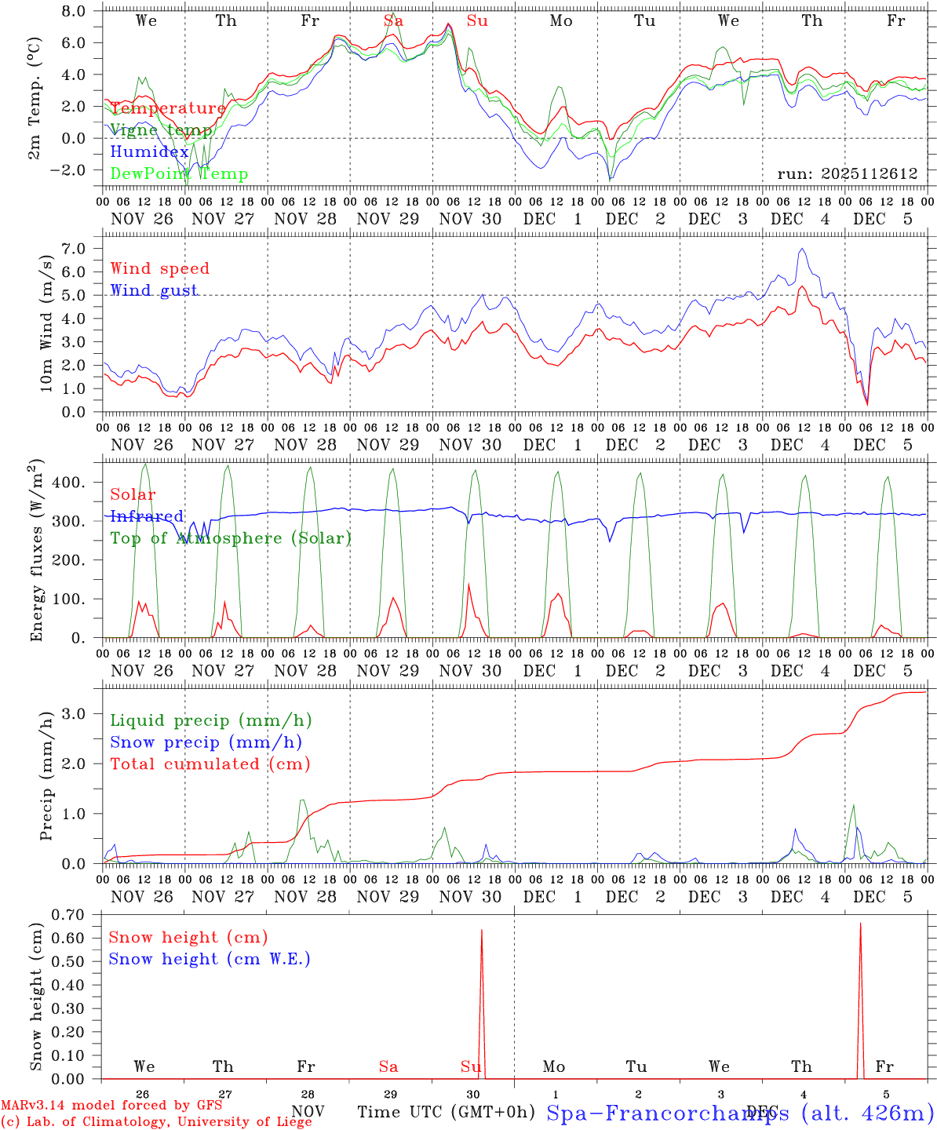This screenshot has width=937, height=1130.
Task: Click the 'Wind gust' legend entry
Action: [x=154, y=290]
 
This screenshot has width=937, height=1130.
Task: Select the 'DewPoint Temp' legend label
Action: [x=179, y=174]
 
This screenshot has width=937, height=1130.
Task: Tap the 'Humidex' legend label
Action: [x=149, y=152]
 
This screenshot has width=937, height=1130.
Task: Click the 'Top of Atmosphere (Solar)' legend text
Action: [x=231, y=538]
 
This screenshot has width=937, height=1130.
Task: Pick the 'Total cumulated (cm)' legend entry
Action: [x=210, y=764]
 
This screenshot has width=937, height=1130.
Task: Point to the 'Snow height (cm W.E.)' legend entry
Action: [x=210, y=959]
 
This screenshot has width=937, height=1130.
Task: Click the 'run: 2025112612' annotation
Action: [x=847, y=173]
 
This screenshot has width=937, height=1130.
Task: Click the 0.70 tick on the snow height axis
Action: [x=73, y=914]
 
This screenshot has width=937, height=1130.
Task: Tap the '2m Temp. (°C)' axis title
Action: [x=35, y=99]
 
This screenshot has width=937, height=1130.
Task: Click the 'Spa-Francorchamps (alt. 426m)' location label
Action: [x=739, y=1112]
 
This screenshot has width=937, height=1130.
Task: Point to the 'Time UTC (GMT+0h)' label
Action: [x=446, y=1112]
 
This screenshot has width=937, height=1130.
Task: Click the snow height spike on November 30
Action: [x=481, y=931]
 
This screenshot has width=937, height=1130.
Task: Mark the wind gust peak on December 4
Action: [x=801, y=249]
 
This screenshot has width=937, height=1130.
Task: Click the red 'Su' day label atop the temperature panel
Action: [x=477, y=21]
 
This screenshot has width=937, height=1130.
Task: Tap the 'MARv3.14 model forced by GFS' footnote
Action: [x=111, y=1106]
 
